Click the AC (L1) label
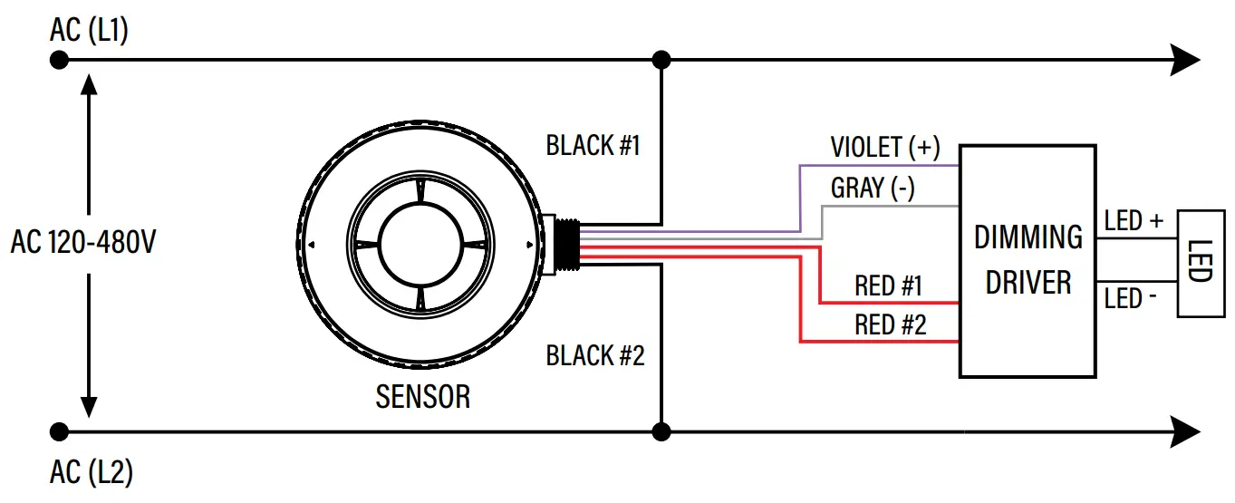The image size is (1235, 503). [90, 31]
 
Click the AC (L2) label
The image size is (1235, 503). [92, 472]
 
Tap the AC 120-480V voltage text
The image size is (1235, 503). [83, 244]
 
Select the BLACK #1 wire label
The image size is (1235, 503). [593, 145]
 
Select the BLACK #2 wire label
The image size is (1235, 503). [594, 355]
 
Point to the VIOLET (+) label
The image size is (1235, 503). [885, 147]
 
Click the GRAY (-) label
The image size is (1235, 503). [873, 188]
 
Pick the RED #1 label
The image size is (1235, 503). [888, 286]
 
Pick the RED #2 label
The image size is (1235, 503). [890, 325]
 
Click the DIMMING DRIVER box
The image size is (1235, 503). [1028, 260]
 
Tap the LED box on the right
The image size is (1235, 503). [1199, 262]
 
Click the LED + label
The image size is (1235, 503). [1133, 221]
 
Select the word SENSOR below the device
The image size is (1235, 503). [423, 397]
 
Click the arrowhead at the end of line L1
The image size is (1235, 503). [1186, 61]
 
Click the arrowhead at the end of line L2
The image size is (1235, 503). [1186, 431]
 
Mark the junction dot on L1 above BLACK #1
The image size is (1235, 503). [662, 61]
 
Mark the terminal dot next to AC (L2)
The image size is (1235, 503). [60, 431]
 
